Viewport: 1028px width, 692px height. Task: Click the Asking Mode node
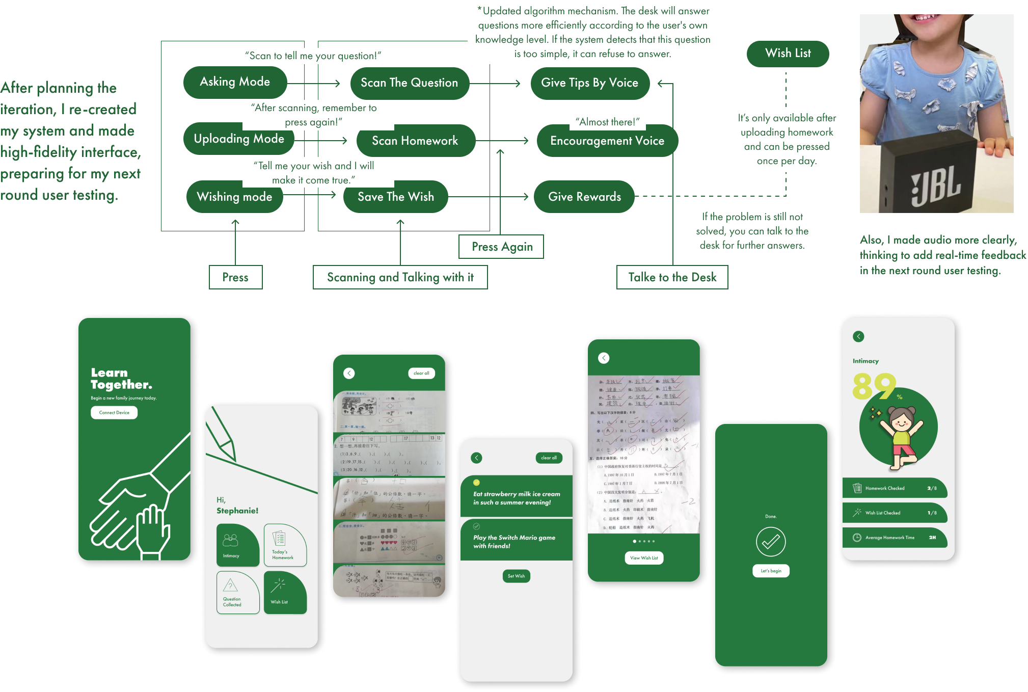[x=235, y=82]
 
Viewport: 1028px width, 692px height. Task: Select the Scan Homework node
[x=415, y=141]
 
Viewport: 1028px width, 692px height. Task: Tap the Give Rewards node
[x=584, y=197]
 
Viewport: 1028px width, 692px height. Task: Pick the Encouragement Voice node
[x=607, y=141]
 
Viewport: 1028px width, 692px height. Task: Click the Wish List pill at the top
[x=788, y=54]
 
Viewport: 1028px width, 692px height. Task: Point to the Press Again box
[x=502, y=247]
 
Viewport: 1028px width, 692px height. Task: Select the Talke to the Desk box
[x=672, y=277]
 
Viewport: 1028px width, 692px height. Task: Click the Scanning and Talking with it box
[x=400, y=277]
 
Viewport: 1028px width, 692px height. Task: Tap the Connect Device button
[x=114, y=413]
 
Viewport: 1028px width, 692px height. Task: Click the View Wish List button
[x=644, y=558]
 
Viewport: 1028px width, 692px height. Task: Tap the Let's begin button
[x=771, y=571]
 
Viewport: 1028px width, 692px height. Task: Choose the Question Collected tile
[x=238, y=592]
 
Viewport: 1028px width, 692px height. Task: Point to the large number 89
[x=873, y=386]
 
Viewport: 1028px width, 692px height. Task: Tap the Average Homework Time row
[x=895, y=538]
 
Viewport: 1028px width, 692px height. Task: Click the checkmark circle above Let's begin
[x=771, y=542]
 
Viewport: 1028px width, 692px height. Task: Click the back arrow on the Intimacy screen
[x=858, y=336]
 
